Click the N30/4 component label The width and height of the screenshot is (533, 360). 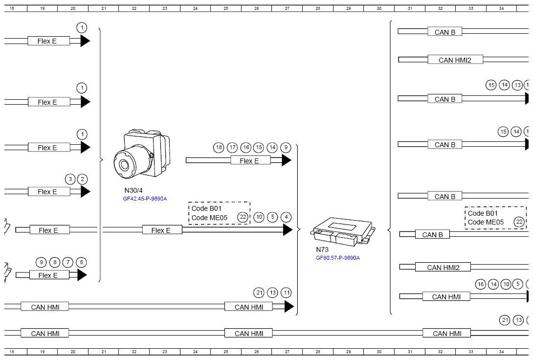coord(133,190)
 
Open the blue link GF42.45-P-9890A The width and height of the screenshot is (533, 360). coord(145,199)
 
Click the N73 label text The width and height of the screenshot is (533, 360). coord(322,249)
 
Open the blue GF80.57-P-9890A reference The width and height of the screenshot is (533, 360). coord(337,258)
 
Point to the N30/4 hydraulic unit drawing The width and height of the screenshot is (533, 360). coord(142,153)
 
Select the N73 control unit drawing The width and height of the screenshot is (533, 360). coord(343,231)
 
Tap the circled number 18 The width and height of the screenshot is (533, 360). coord(219,148)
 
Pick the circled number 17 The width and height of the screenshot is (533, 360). coord(232,148)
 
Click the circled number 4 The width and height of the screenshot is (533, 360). coord(286,217)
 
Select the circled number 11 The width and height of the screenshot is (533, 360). coord(287,292)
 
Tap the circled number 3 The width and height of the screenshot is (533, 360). coord(70,179)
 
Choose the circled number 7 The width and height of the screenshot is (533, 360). coord(68,263)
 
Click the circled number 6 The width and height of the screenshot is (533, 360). coord(81,263)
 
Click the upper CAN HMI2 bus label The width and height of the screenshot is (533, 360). coord(455,60)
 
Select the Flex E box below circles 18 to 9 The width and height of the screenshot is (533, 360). coord(250,160)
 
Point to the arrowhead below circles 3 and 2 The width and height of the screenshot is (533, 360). coord(85,191)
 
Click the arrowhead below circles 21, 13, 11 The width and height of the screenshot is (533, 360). coord(289,307)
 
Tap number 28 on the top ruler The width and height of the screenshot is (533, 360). coord(318,8)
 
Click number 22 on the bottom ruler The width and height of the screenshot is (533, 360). coord(134,352)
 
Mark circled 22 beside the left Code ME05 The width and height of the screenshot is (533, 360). coord(243,217)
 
